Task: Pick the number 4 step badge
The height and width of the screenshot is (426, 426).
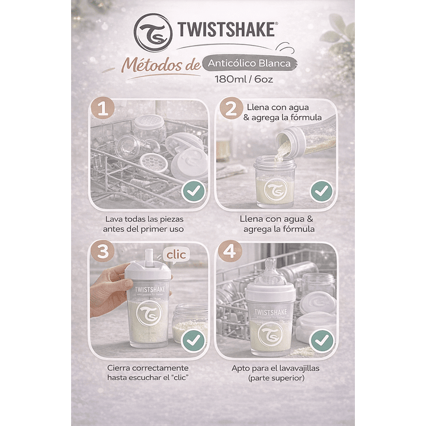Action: coord(229,252)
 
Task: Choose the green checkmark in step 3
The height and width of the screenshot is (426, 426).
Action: coord(193,339)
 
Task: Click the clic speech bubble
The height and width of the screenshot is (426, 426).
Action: coord(175,255)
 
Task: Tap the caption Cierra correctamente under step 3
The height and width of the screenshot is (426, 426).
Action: coord(148,372)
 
